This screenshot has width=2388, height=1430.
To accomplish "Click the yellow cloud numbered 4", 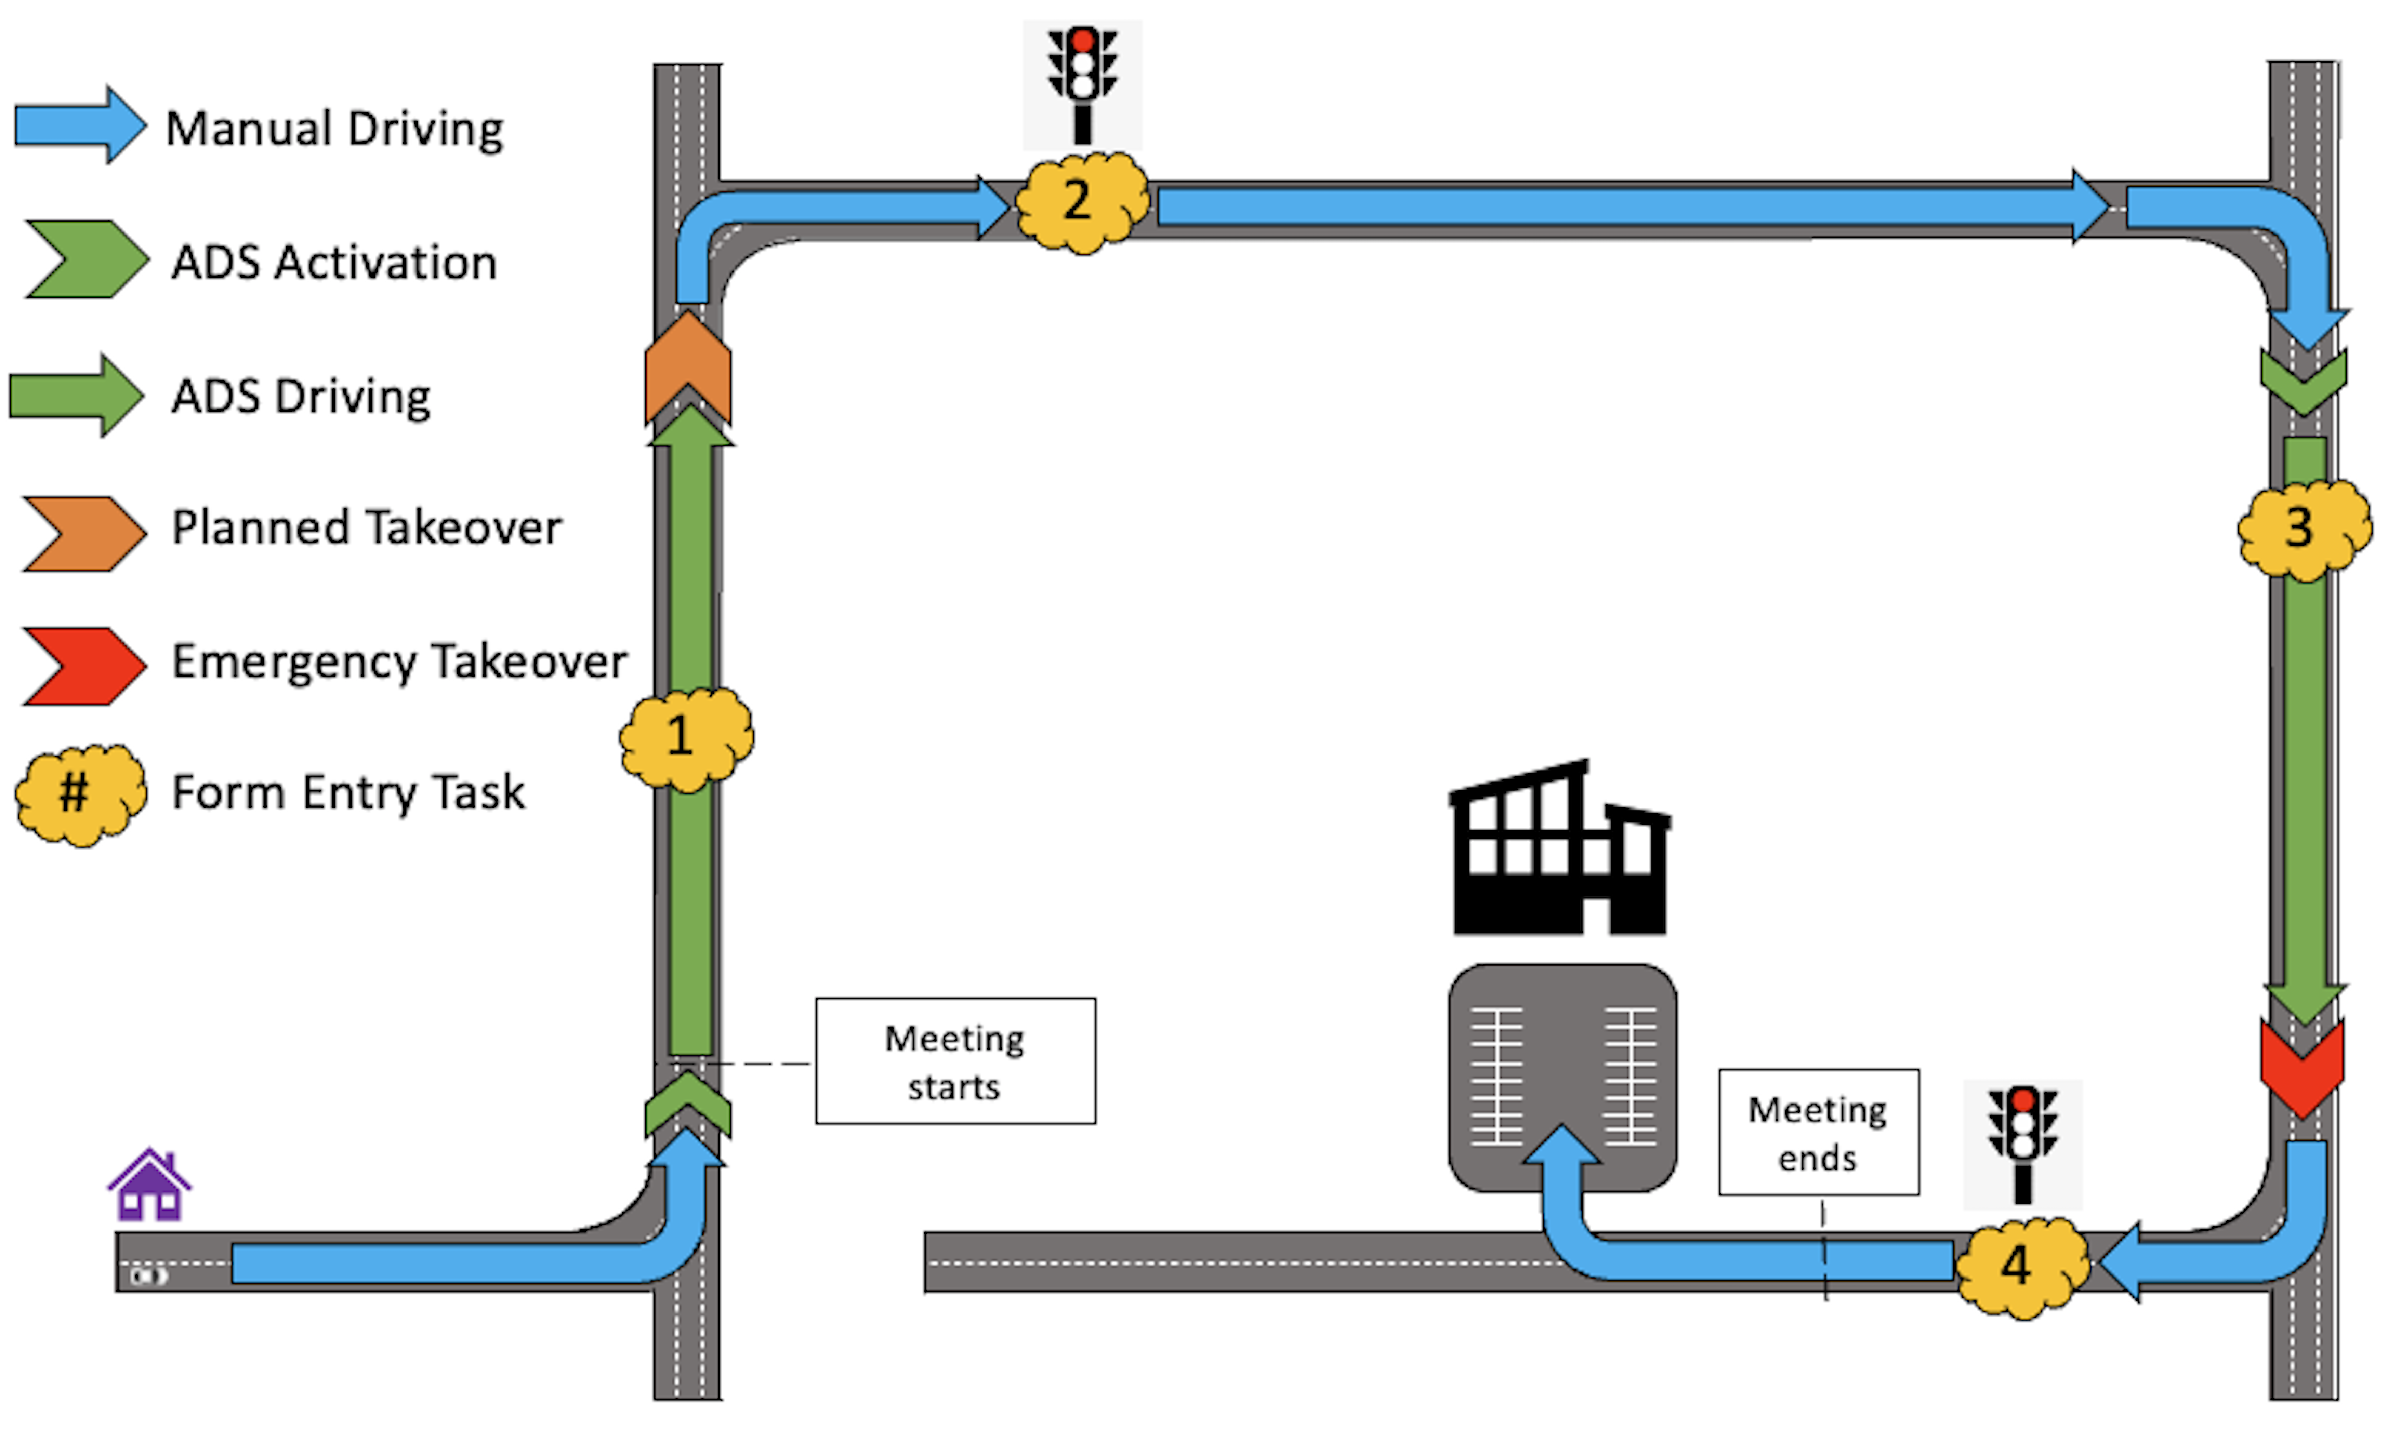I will tap(2021, 1265).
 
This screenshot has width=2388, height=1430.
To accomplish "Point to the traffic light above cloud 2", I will tap(1082, 85).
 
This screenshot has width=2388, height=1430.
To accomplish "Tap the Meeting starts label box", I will tap(955, 1061).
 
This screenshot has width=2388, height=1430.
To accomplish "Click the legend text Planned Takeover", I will tap(366, 528).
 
